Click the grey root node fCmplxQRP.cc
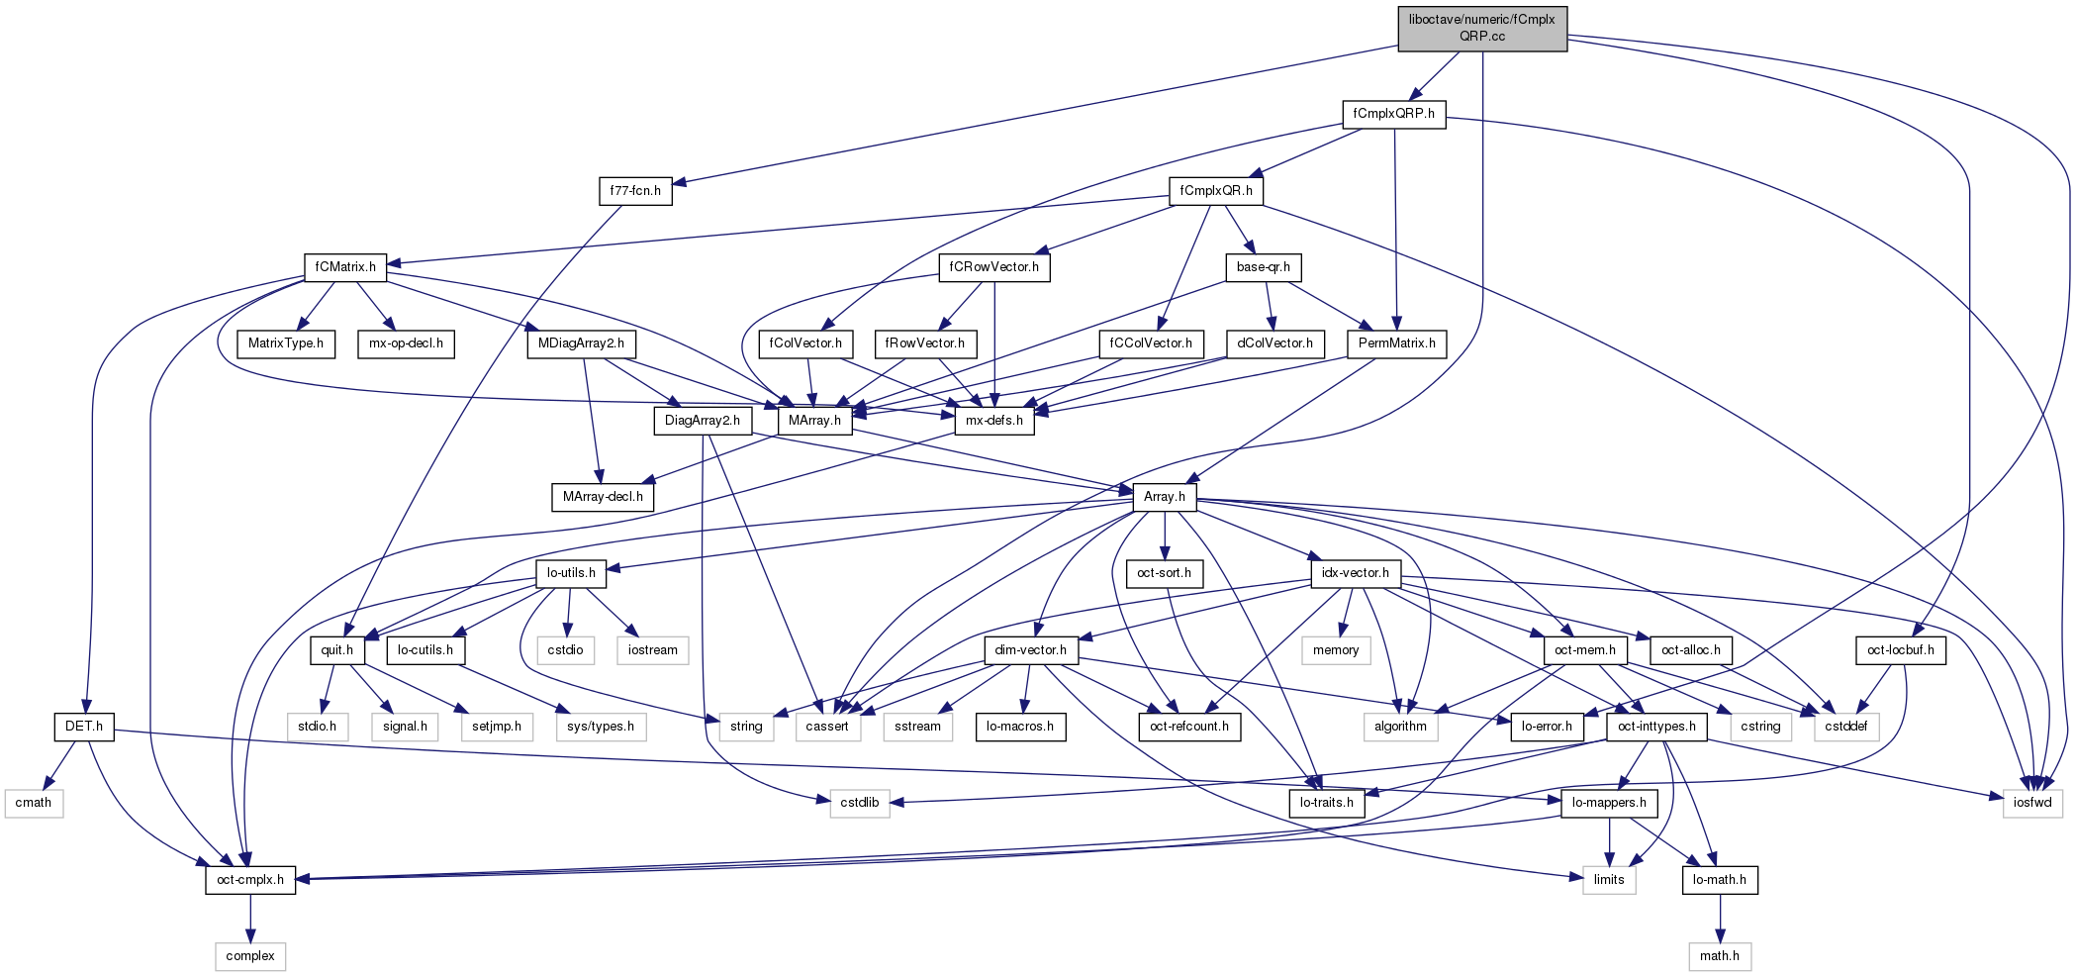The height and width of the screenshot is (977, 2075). click(1481, 28)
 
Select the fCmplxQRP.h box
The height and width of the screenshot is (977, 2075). click(1393, 114)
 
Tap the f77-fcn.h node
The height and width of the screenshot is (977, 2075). click(634, 191)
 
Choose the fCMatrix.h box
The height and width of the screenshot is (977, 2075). click(344, 267)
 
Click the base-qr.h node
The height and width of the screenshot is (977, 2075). click(1263, 267)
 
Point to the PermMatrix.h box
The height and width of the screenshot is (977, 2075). click(1396, 343)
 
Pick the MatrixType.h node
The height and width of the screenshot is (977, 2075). click(285, 343)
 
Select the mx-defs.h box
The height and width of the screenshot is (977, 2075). click(993, 421)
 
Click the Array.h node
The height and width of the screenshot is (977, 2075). click(1164, 497)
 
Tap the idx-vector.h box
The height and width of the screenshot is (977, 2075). click(1355, 573)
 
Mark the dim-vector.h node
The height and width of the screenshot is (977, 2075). click(1030, 650)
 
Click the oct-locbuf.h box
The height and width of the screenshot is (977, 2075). click(1900, 650)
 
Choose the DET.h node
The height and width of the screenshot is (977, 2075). click(83, 727)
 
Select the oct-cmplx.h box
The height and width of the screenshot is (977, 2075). click(249, 880)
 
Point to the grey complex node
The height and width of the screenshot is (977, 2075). click(249, 956)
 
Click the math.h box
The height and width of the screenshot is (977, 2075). click(1719, 956)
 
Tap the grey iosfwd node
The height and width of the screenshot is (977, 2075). click(2032, 803)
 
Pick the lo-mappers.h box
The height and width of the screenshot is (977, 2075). click(1608, 803)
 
